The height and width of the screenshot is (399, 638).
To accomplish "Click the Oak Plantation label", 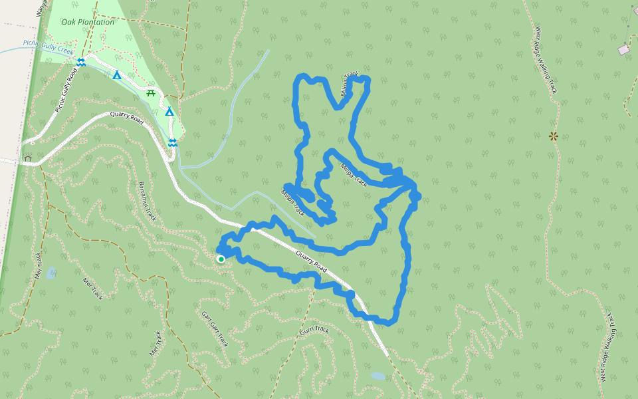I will point(88,22).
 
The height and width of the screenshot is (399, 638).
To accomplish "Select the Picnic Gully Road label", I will point(66,90).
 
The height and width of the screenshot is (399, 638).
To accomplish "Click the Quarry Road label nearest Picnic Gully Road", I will point(128,119).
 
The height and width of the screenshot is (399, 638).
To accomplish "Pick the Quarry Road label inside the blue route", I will point(311,260).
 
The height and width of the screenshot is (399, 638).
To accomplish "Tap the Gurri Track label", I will point(314,331).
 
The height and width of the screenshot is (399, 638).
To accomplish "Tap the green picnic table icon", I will point(151,93).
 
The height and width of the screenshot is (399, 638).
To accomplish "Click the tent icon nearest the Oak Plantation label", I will point(117,75).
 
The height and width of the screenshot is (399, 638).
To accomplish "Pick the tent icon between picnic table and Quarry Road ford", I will point(169,112).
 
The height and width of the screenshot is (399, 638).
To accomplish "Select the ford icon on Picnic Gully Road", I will point(80,62).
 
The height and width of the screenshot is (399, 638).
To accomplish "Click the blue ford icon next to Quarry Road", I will point(173,143).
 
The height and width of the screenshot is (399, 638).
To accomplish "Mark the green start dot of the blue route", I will point(221,259).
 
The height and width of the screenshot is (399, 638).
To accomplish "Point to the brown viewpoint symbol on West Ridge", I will point(553,136).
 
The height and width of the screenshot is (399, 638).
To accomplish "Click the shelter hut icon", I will point(28,158).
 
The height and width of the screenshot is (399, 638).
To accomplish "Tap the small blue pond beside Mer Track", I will point(51,272).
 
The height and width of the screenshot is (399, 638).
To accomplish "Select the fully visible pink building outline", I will point(623,50).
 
